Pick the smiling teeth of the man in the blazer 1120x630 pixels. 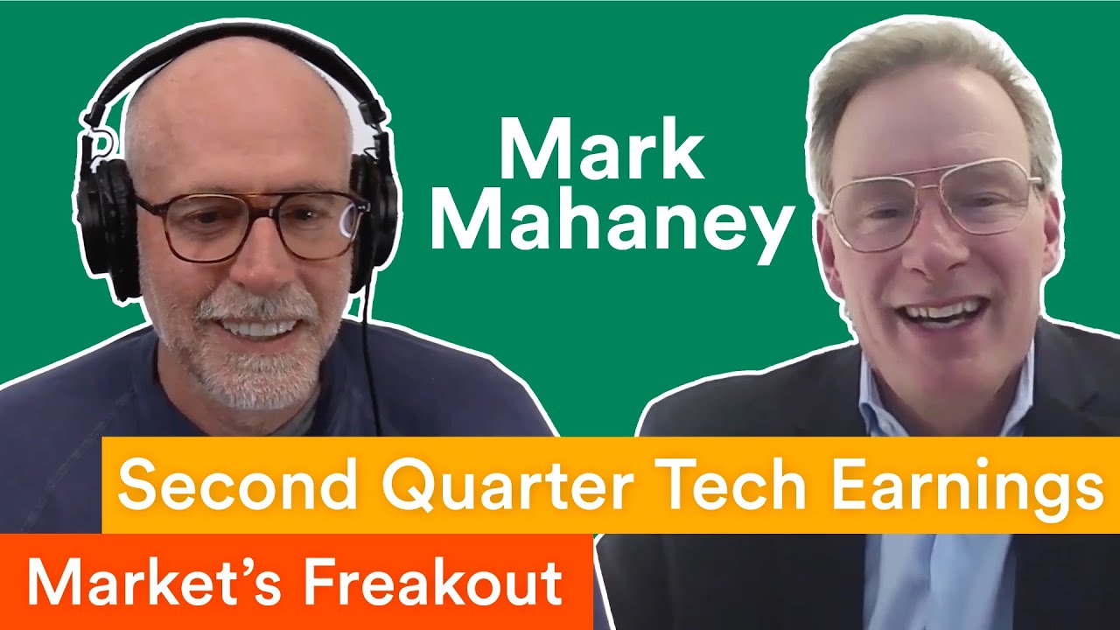(940, 311)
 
